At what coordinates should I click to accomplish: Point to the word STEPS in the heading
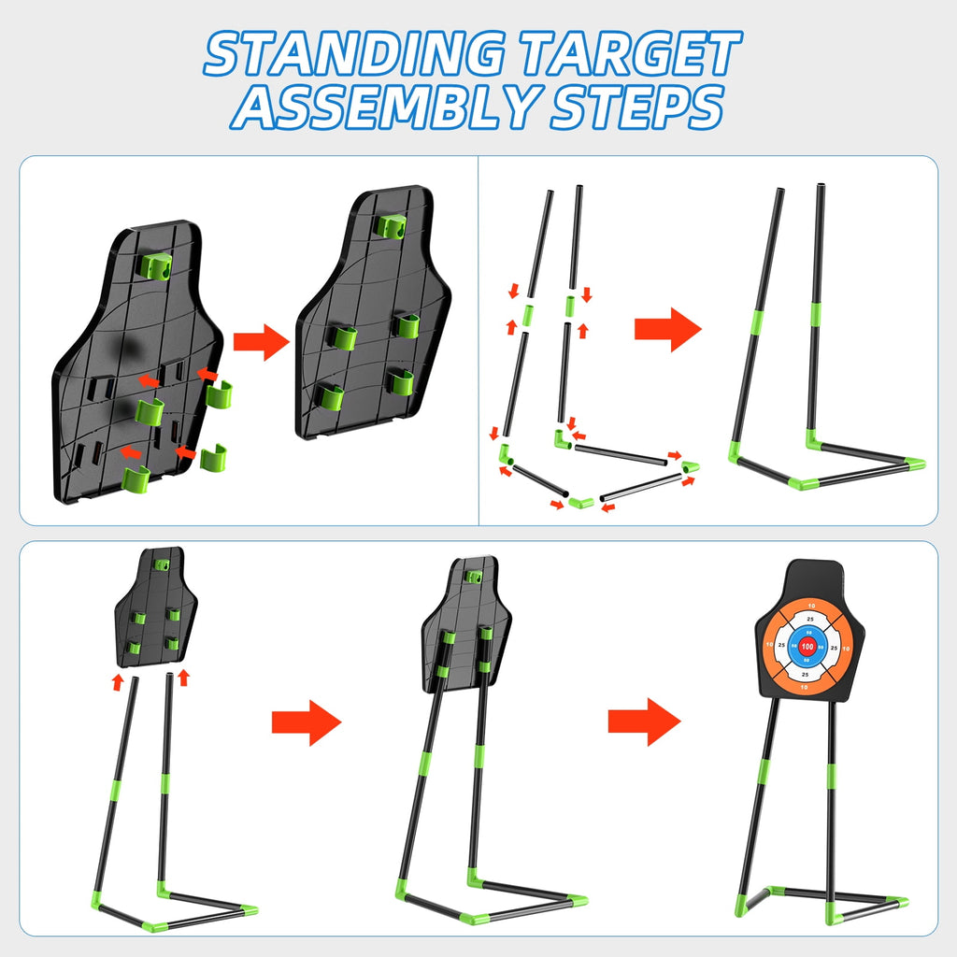click(636, 109)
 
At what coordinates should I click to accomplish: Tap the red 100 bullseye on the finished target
click(807, 646)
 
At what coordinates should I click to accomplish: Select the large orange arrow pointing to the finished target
click(643, 721)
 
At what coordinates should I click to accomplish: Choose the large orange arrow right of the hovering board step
click(307, 721)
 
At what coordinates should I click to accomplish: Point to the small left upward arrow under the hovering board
click(117, 681)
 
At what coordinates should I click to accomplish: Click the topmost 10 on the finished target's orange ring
click(807, 604)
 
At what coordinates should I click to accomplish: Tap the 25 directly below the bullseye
click(807, 674)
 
